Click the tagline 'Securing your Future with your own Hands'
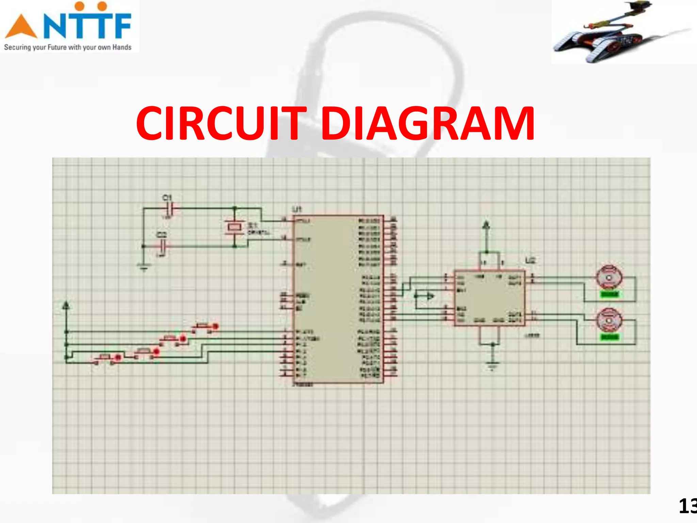pos(68,47)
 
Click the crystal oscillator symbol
pos(234,227)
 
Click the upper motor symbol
pos(609,278)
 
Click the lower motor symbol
pos(609,320)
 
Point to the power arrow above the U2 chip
pos(486,225)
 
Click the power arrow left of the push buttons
pos(66,305)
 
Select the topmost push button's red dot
pos(215,327)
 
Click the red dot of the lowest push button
pos(118,358)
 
